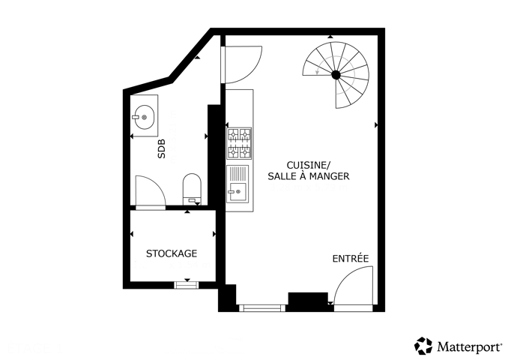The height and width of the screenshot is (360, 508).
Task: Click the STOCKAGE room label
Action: click(172, 253)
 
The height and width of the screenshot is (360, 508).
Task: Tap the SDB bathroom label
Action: click(161, 148)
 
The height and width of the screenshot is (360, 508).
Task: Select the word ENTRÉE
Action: click(351, 259)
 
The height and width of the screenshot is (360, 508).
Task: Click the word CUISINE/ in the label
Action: click(309, 166)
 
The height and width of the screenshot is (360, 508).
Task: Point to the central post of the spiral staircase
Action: click(336, 75)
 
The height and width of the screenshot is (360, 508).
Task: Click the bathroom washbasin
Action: click(144, 117)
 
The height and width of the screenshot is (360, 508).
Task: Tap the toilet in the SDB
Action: click(192, 190)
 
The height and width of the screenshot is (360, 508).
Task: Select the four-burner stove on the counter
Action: click(240, 143)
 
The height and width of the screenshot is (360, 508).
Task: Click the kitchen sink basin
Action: click(237, 191)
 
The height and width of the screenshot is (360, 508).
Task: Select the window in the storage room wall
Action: click(187, 285)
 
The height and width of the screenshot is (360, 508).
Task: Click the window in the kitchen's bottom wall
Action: click(262, 308)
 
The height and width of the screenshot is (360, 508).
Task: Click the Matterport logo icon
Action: click(423, 346)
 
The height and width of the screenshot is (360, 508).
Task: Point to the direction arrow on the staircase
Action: click(318, 71)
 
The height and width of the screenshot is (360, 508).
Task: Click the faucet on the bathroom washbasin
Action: click(136, 117)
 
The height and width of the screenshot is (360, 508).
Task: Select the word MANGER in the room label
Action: click(329, 176)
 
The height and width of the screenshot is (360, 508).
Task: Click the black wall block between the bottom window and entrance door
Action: click(308, 298)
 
